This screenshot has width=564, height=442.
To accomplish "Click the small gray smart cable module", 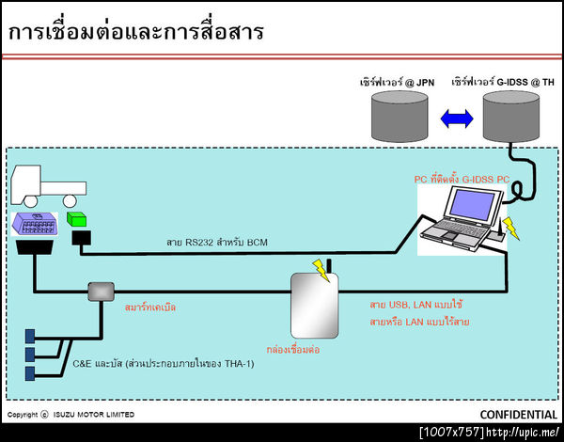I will coord(100,292).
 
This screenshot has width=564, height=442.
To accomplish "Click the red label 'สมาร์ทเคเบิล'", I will coord(149,307).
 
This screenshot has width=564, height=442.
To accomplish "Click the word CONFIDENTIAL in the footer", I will coord(518,415).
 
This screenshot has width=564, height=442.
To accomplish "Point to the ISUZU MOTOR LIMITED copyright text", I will coord(70,415).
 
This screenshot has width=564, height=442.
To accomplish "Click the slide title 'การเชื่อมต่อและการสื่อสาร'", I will coord(136,32).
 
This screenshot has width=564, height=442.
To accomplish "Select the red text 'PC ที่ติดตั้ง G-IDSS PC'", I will coord(462,178).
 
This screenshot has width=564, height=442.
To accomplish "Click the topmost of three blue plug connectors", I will coord(30,336).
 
